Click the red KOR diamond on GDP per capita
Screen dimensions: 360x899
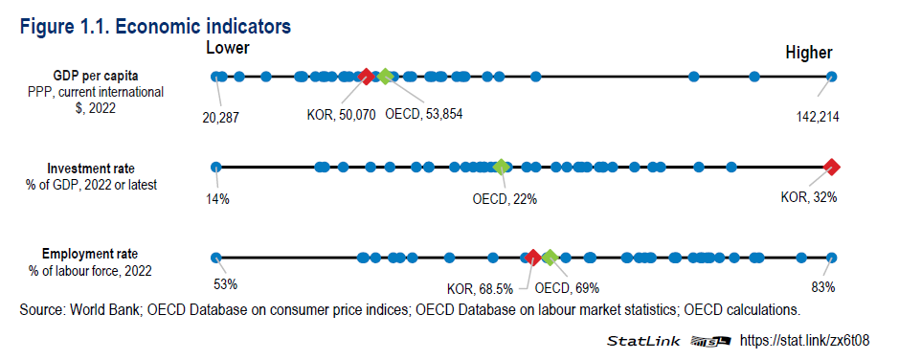point(365,77)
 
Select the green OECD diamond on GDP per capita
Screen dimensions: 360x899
point(385,77)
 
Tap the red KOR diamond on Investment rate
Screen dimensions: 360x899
point(832,167)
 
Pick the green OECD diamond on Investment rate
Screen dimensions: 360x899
point(501,167)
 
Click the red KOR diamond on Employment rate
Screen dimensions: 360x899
point(532,257)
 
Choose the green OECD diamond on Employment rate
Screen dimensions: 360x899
point(550,257)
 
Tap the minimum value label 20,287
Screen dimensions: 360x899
point(220,118)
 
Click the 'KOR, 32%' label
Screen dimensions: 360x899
point(809,198)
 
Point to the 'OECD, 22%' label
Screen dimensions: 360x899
point(505,200)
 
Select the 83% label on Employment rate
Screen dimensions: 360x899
point(823,286)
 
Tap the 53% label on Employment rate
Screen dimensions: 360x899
point(224,284)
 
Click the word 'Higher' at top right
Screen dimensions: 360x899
point(809,53)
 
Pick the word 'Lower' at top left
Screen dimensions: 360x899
point(228,48)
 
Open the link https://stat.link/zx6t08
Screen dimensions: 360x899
point(807,340)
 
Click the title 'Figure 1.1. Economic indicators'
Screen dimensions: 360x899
point(155,25)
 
